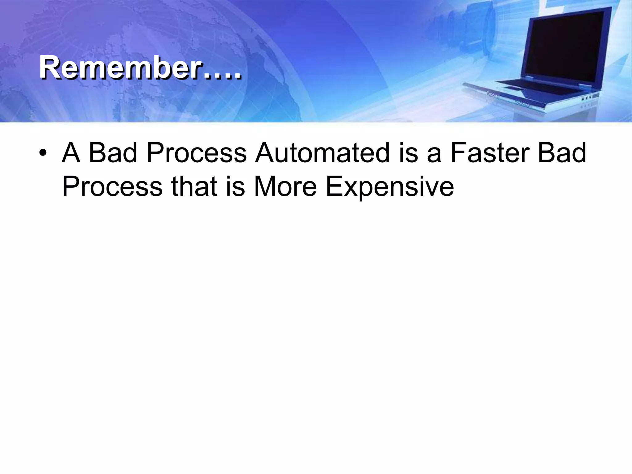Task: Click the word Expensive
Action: click(390, 187)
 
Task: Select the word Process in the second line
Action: click(112, 187)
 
